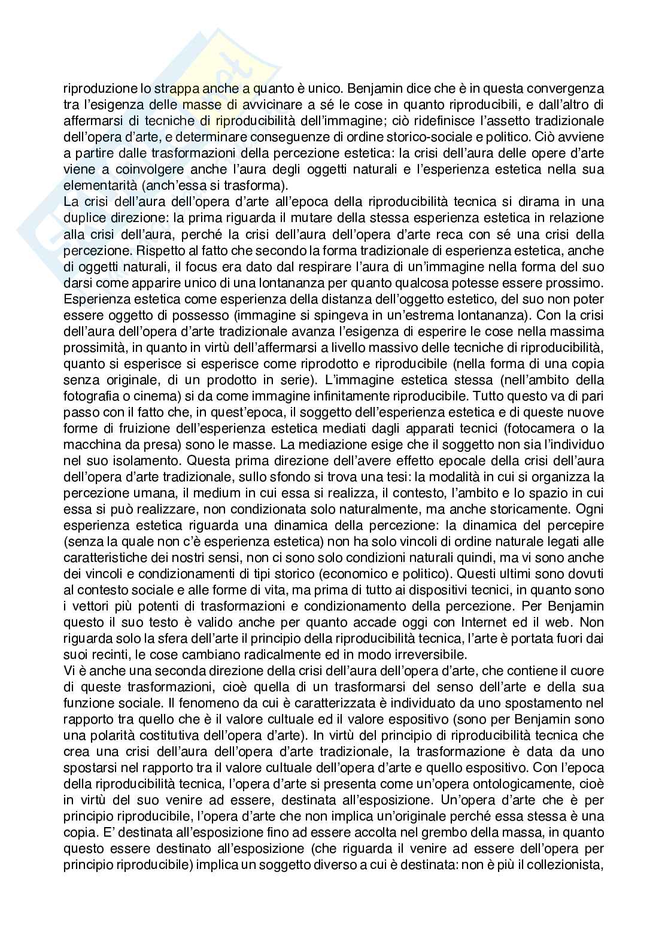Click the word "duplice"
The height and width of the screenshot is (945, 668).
[x=83, y=218]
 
